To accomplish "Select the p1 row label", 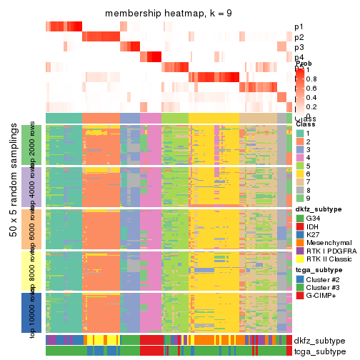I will [299, 27].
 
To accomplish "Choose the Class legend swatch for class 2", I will [300, 144].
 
